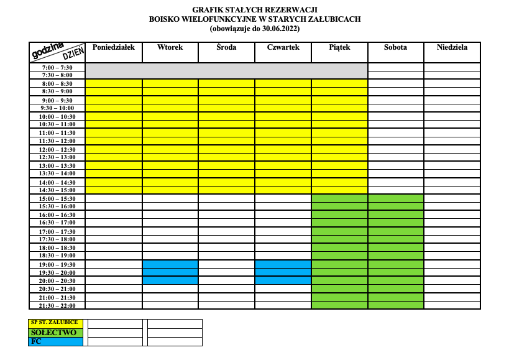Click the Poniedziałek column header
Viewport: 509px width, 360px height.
[x=114, y=47]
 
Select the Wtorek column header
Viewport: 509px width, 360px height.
[x=170, y=47]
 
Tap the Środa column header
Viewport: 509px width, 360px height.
[x=226, y=47]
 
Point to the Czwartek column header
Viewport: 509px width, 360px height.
[x=283, y=47]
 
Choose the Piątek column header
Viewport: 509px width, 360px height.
[x=339, y=47]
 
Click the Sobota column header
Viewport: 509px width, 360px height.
[x=395, y=47]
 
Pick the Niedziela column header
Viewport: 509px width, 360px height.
[x=452, y=47]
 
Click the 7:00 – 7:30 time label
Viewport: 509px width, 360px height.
[x=57, y=67]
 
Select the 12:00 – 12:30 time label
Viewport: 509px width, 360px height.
[x=57, y=149]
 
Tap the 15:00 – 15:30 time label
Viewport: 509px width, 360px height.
[x=57, y=198]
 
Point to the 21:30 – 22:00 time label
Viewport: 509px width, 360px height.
[x=57, y=305]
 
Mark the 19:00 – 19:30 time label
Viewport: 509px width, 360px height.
[x=57, y=264]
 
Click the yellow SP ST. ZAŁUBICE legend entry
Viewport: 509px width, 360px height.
[x=54, y=323]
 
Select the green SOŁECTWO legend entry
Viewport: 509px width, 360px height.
[x=54, y=333]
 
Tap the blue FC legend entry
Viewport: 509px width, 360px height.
[x=54, y=341]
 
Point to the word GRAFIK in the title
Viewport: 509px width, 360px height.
[x=208, y=10]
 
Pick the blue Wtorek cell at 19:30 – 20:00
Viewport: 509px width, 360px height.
[x=170, y=272]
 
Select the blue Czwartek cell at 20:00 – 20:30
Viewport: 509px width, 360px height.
[x=283, y=280]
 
